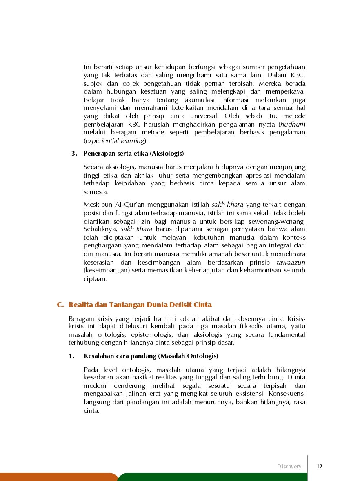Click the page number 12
click(x=319, y=466)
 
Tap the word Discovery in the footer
click(x=289, y=466)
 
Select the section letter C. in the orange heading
click(x=60, y=305)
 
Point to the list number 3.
click(x=74, y=154)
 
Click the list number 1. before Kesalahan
click(x=72, y=356)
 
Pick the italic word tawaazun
click(x=291, y=262)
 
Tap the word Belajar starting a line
click(x=94, y=100)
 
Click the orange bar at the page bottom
click(x=57, y=477)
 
